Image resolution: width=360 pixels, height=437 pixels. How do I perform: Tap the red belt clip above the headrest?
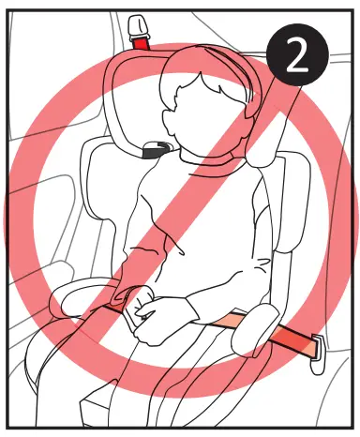point(142,42)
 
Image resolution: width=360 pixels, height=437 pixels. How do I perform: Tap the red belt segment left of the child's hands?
point(117,303)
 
